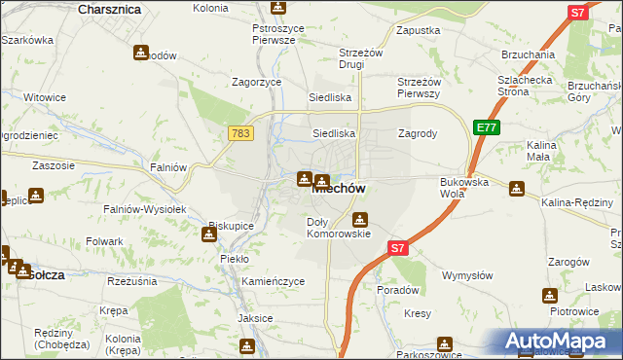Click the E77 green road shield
tap(487, 126)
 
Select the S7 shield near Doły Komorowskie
tap(396, 248)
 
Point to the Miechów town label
tap(338, 191)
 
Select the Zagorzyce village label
tap(256, 83)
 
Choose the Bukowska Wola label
tap(464, 188)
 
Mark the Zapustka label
tap(420, 30)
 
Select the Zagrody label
tap(418, 133)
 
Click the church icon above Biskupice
tap(211, 234)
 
